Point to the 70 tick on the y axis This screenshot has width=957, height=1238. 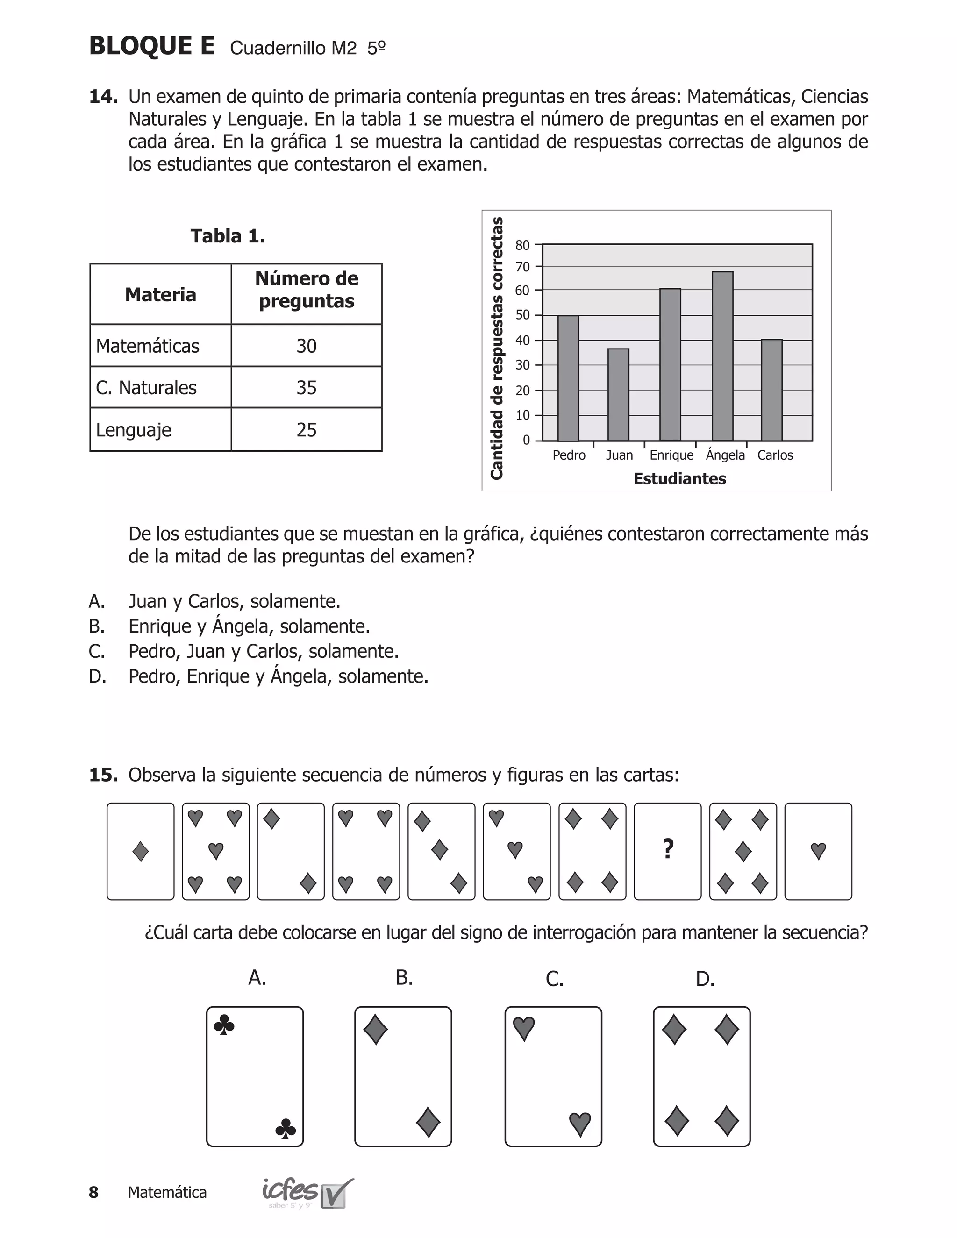[522, 266]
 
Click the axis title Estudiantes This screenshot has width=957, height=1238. [679, 479]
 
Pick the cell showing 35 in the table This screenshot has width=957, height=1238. [306, 388]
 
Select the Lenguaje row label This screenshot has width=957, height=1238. [134, 430]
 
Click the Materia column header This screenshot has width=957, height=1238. [160, 295]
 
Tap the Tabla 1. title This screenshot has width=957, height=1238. [228, 236]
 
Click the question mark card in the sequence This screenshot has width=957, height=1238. [667, 851]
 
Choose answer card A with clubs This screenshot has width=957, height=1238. [255, 1076]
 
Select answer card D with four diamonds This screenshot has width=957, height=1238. [701, 1076]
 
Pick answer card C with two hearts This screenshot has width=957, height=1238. [553, 1076]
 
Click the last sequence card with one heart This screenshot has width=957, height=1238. [818, 851]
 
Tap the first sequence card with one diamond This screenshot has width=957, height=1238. [140, 851]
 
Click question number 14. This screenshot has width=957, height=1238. [103, 96]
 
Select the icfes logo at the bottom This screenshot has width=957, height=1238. [306, 1193]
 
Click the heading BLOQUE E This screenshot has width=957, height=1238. [152, 46]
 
